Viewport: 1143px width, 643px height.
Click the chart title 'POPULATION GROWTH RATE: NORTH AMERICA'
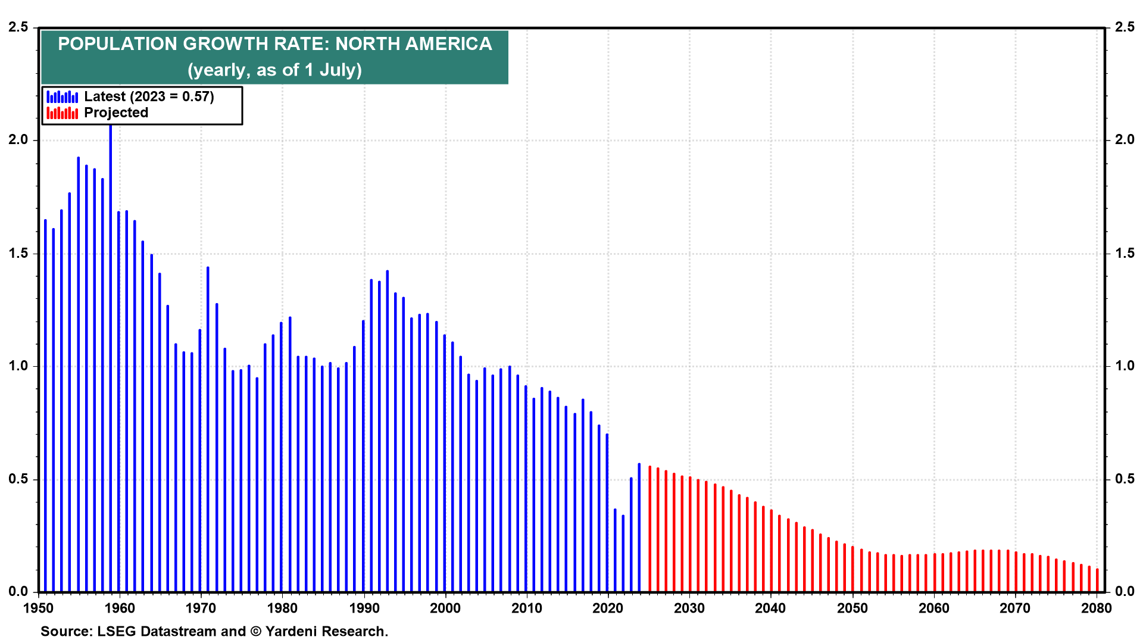pyautogui.click(x=274, y=44)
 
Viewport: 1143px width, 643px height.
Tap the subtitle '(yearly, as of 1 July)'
pyautogui.click(x=274, y=70)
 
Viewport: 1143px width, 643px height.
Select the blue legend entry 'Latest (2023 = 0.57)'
pyautogui.click(x=149, y=96)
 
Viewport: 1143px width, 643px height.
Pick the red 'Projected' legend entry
pyautogui.click(x=116, y=113)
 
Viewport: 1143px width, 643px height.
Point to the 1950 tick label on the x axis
pyautogui.click(x=38, y=608)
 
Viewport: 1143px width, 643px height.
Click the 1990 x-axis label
pyautogui.click(x=364, y=608)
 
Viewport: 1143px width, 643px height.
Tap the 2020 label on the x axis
pyautogui.click(x=608, y=608)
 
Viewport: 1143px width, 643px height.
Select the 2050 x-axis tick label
pyautogui.click(x=852, y=608)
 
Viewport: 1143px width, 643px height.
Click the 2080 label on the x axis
pyautogui.click(x=1096, y=608)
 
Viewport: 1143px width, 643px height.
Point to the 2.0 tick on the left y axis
pyautogui.click(x=18, y=140)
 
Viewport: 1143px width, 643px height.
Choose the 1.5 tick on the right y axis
pyautogui.click(x=1125, y=253)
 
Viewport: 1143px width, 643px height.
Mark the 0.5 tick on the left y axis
pyautogui.click(x=18, y=479)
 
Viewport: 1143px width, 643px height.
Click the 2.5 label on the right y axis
pyautogui.click(x=1125, y=27)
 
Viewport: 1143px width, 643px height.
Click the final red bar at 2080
pyautogui.click(x=1097, y=580)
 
